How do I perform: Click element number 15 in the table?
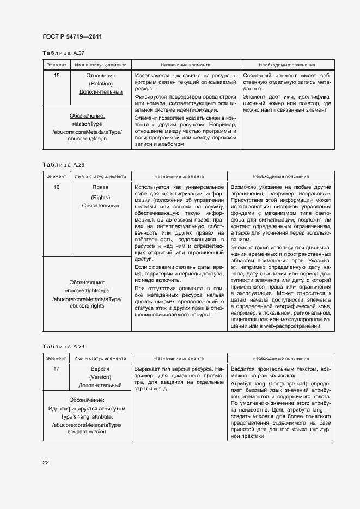point(57,75)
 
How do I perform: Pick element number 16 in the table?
point(57,187)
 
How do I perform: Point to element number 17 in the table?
point(57,369)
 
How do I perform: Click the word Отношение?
point(101,75)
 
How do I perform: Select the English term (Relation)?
point(101,84)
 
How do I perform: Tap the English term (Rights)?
point(101,197)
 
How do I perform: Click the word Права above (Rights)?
point(101,187)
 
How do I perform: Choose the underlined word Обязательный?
point(101,206)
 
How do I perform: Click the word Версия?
point(101,369)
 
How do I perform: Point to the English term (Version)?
point(101,377)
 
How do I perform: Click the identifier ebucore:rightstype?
point(87,291)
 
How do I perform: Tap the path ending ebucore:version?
point(87,431)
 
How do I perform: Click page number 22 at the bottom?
point(46,462)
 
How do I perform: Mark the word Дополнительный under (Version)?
point(101,385)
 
